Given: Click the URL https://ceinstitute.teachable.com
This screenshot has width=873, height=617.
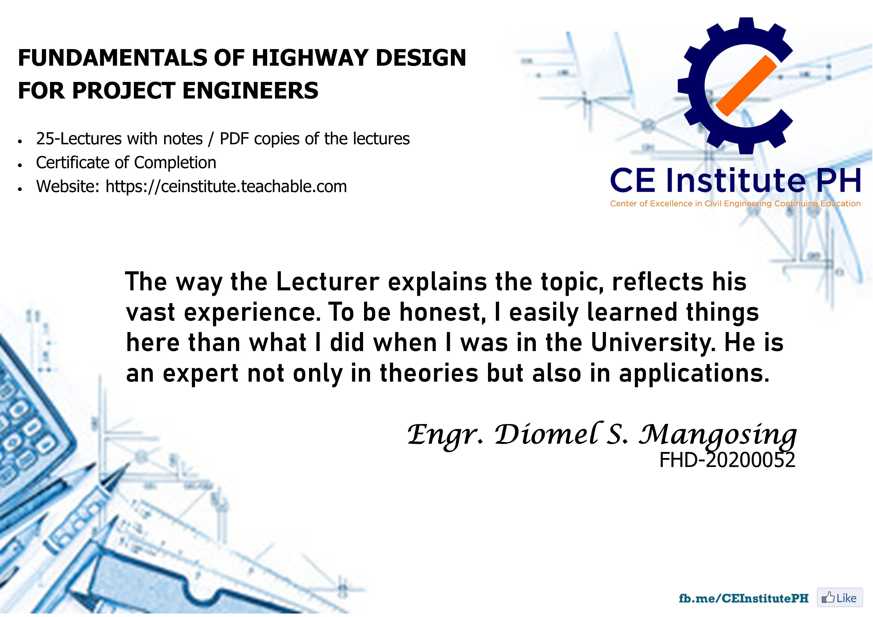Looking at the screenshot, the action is tap(226, 187).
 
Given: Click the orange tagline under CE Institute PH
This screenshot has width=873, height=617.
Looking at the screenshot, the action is tap(735, 204).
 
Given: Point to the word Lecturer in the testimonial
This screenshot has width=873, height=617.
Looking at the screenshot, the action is tap(328, 282).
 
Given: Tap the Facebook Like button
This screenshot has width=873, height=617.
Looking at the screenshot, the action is tap(840, 598).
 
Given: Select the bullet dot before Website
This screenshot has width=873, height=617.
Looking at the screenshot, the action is tap(20, 189).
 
